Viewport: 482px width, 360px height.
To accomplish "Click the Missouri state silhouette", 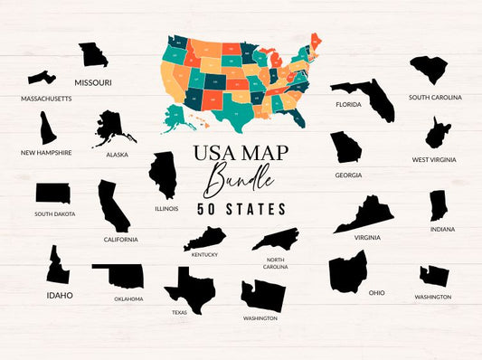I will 92,54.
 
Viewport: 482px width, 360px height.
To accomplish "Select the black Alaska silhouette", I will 111,128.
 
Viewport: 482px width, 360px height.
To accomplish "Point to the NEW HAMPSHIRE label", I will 46,153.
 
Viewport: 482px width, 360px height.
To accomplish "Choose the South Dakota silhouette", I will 52,194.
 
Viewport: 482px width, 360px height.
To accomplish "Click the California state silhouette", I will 114,205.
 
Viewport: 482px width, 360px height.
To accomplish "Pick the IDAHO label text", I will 60,295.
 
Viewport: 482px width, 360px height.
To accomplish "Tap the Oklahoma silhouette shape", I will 118,277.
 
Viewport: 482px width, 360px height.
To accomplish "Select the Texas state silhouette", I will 188,288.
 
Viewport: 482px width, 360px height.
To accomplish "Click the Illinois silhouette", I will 163,175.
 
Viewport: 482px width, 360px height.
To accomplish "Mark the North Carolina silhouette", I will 275,239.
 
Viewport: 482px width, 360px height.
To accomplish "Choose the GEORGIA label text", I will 348,175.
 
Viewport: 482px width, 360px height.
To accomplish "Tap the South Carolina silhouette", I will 430,69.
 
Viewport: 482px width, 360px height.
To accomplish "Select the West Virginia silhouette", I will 438,132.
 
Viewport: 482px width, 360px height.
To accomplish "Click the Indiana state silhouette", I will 439,205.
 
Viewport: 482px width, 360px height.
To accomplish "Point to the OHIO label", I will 377,293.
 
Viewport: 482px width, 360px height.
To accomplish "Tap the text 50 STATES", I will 241,209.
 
